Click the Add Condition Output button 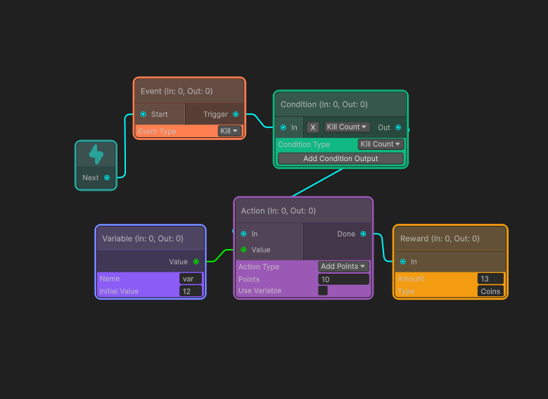[x=340, y=158]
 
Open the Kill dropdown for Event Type [x=229, y=131]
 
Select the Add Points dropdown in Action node [x=343, y=267]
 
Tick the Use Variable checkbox [x=323, y=291]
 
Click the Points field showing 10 [x=343, y=279]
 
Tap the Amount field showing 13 [x=490, y=279]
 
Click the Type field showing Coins [x=490, y=291]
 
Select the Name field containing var [x=191, y=279]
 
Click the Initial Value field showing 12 [x=191, y=291]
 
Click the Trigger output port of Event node [x=236, y=114]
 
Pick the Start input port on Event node [x=144, y=114]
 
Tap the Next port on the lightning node [x=107, y=177]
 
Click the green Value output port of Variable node [x=196, y=262]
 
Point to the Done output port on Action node [x=364, y=234]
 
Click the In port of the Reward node [x=403, y=262]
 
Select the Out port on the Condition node [x=398, y=127]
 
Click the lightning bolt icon [x=96, y=154]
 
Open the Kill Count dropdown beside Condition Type [x=381, y=144]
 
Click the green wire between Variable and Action [x=220, y=255]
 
